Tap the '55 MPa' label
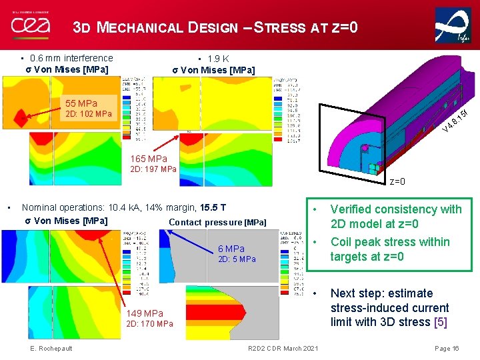click(x=81, y=103)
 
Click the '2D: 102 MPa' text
click(x=88, y=114)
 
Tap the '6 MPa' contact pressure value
click(x=231, y=249)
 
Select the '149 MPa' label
click(x=144, y=313)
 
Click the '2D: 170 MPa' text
click(x=149, y=324)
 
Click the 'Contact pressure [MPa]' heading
click(x=217, y=222)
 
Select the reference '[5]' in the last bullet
click(x=441, y=323)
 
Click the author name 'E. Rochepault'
click(x=51, y=349)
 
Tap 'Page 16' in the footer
click(x=447, y=349)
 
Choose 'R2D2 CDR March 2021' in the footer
click(x=283, y=349)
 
